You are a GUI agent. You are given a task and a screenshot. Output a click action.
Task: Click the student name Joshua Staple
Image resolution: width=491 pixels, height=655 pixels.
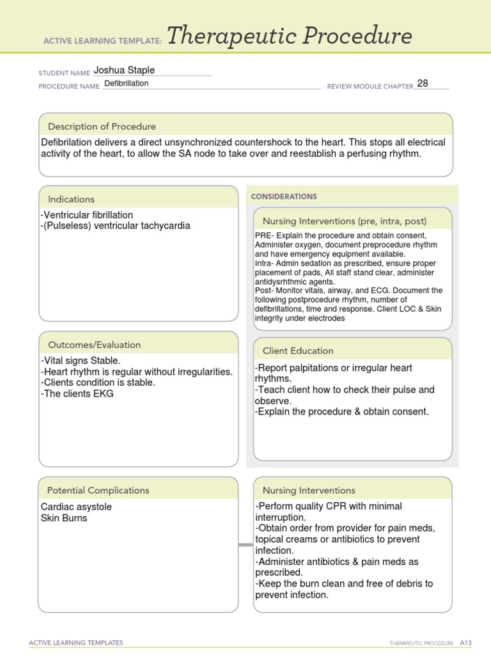[x=124, y=70]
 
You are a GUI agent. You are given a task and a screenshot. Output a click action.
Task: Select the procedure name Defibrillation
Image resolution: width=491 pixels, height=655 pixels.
[x=127, y=84]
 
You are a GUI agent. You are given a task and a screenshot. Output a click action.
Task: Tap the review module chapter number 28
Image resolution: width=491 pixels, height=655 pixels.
[x=423, y=83]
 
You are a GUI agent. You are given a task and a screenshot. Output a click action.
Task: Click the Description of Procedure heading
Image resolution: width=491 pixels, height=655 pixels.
[x=102, y=127]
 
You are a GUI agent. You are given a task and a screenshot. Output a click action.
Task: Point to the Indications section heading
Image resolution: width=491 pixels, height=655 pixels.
[x=71, y=200]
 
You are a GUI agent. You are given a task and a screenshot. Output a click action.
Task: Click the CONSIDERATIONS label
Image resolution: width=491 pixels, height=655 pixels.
[x=284, y=196]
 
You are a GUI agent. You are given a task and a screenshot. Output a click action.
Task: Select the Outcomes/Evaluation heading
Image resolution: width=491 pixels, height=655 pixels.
[x=94, y=345]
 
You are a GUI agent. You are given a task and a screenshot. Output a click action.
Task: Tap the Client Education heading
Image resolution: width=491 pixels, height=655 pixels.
[x=298, y=351]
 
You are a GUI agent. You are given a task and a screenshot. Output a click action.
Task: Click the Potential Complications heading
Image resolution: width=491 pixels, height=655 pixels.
[x=98, y=491]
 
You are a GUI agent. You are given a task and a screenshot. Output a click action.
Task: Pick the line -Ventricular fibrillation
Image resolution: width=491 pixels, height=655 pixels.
[x=86, y=215]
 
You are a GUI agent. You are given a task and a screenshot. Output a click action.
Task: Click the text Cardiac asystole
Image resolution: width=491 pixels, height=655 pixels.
[x=76, y=507]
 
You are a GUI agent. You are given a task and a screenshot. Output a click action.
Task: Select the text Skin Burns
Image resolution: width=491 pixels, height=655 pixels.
[x=64, y=518]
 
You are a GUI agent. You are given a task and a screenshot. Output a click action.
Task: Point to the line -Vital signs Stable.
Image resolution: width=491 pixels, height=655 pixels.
[x=80, y=361]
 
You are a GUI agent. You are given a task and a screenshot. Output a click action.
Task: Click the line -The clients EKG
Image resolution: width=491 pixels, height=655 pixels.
[x=77, y=393]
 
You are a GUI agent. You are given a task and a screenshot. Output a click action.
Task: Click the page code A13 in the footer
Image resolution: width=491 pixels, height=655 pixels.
[x=465, y=643]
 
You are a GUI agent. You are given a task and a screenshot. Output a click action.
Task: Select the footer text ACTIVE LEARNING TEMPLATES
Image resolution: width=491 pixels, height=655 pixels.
[x=77, y=643]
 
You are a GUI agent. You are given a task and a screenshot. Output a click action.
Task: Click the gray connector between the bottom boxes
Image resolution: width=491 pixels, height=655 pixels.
[x=245, y=545]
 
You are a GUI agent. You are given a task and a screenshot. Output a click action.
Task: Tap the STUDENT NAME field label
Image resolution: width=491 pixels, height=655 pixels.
[x=64, y=73]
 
